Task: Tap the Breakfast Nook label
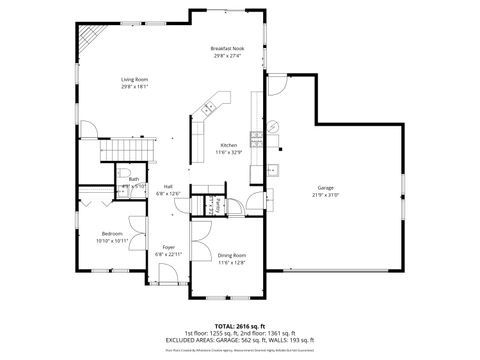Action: pyautogui.click(x=227, y=48)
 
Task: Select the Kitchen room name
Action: pyautogui.click(x=229, y=145)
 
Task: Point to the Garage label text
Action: pyautogui.click(x=326, y=187)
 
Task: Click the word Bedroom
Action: pyautogui.click(x=112, y=233)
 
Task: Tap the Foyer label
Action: pyautogui.click(x=167, y=246)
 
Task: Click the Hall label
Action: pyautogui.click(x=168, y=186)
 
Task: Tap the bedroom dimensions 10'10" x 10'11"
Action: pyautogui.click(x=112, y=240)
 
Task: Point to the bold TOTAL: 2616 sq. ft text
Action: pyautogui.click(x=238, y=325)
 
